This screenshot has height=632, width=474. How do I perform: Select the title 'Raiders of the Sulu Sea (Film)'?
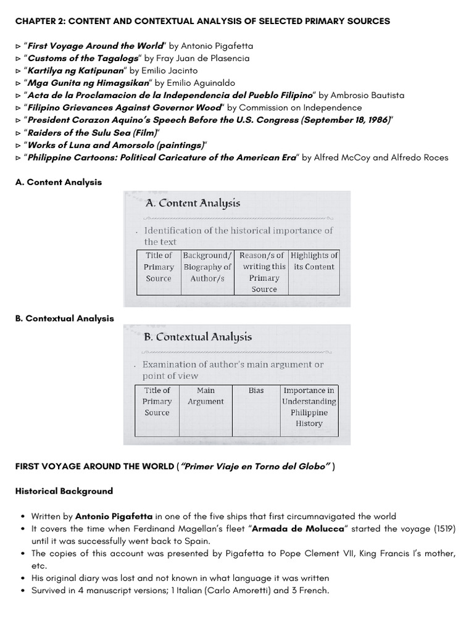coord(93,133)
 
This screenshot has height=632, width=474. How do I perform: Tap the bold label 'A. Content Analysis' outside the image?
coord(59,182)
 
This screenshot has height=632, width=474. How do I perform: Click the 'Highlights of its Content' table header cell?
coord(314,261)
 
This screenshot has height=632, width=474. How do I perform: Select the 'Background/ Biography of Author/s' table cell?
coord(207,267)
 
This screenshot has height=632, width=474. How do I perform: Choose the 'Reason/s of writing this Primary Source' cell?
coord(264,272)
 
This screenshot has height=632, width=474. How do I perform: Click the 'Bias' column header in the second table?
coord(256,391)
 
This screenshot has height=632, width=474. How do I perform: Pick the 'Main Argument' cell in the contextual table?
coord(206,396)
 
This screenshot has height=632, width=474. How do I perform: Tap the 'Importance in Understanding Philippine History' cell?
coord(309,407)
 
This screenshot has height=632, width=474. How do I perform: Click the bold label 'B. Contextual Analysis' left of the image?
coord(64,318)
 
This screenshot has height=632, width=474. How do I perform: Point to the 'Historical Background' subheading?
coord(64,491)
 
